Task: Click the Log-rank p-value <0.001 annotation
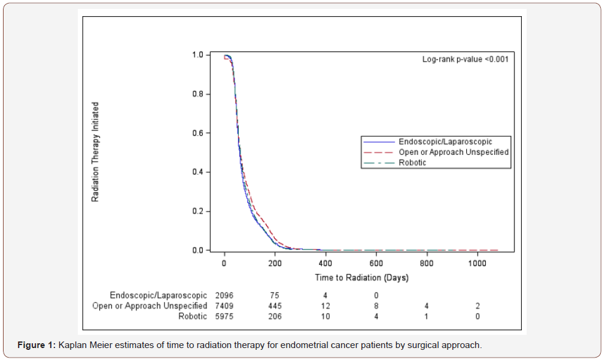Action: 466,59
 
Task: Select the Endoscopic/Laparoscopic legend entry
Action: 445,142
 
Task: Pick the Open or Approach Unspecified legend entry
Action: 454,152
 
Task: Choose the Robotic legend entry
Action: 412,163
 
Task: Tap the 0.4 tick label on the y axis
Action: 198,172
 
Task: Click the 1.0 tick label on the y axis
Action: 198,55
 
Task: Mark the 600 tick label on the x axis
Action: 376,264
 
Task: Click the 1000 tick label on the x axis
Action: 477,264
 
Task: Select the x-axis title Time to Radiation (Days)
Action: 361,277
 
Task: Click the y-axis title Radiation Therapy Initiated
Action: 95,152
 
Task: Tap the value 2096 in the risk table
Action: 224,295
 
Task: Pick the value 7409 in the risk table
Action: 224,306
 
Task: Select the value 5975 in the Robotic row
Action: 224,316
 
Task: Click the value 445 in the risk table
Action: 275,306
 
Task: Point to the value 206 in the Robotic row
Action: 275,316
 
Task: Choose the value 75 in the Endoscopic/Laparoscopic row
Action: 275,295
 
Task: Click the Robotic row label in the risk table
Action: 193,316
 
